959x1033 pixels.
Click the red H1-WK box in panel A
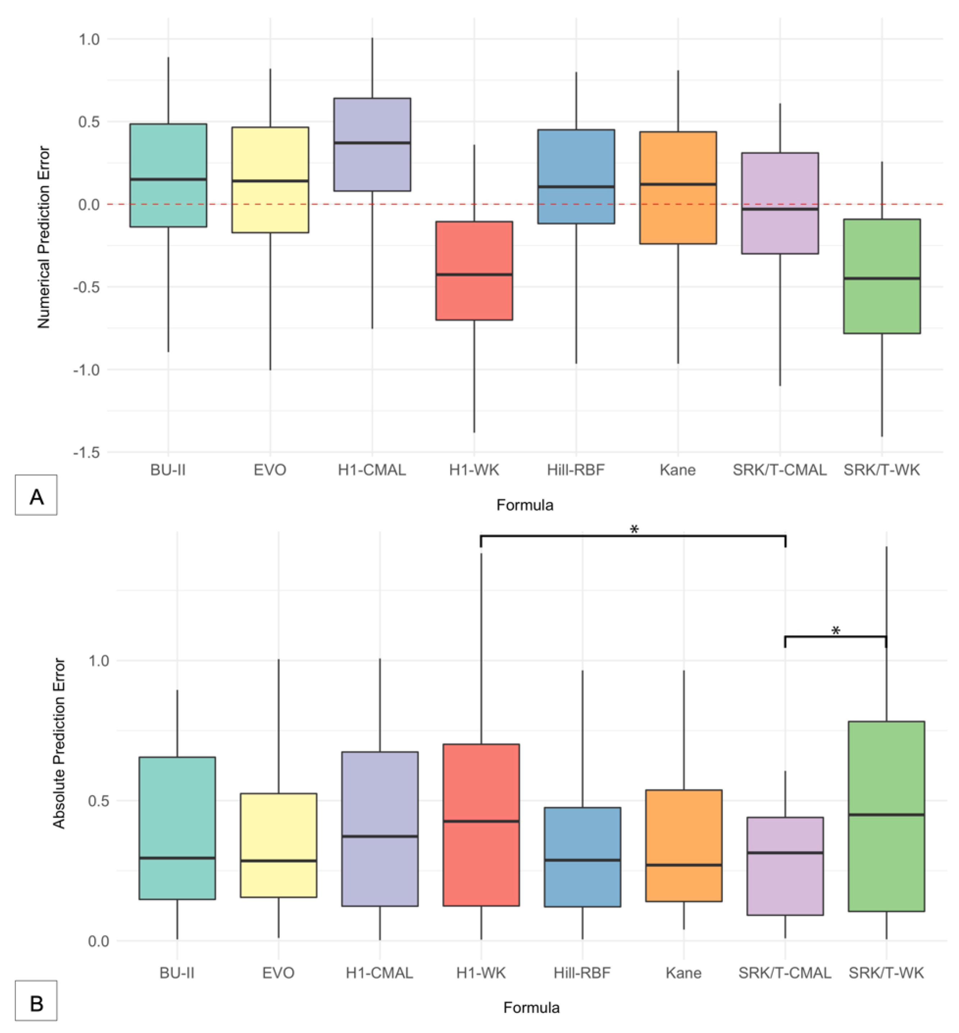click(x=474, y=301)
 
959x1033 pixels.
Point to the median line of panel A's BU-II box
click(x=168, y=179)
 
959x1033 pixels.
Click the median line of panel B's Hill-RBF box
click(x=582, y=860)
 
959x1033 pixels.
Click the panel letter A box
click(x=36, y=495)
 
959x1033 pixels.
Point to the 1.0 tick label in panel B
click(x=98, y=661)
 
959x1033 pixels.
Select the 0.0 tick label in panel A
click(x=89, y=204)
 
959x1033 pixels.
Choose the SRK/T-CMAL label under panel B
click(x=785, y=973)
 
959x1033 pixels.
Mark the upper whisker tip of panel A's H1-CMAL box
click(x=372, y=39)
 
